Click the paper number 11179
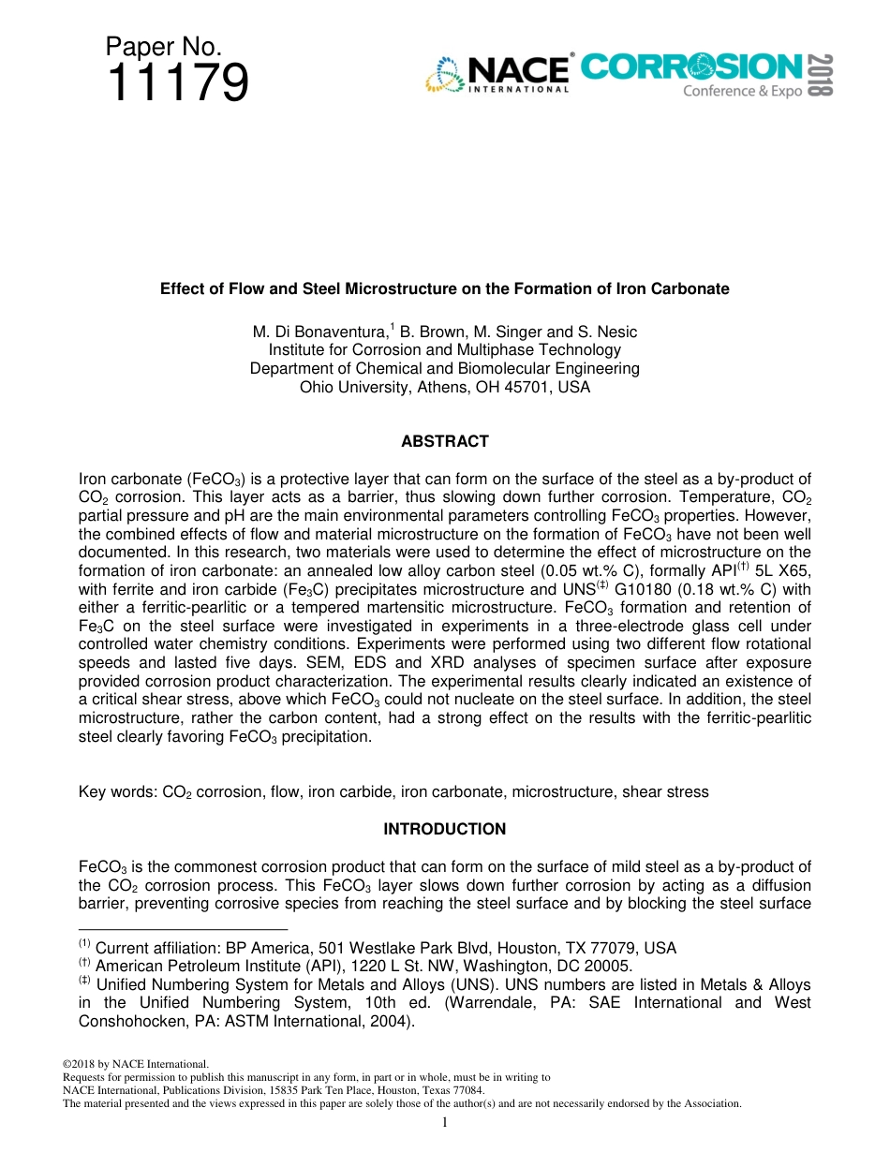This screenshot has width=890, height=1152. [x=178, y=84]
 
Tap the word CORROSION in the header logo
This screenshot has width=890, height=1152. [x=690, y=66]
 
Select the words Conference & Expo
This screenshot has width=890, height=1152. [x=742, y=92]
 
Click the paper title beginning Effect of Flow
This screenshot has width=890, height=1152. [x=444, y=288]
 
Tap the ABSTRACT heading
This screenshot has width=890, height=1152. [x=444, y=441]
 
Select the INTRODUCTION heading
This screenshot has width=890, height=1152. [x=444, y=829]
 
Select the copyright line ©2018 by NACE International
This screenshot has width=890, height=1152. [x=135, y=1063]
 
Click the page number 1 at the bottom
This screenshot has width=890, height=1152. [x=444, y=1122]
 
